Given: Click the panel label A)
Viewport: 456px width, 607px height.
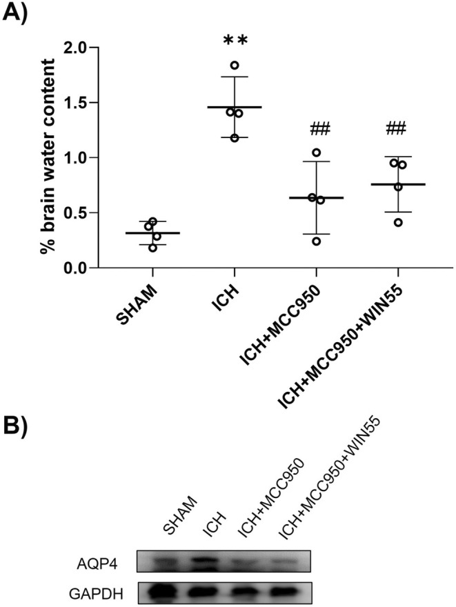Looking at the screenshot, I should click(x=18, y=13).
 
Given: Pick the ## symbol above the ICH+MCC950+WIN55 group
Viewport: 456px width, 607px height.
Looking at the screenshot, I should click(x=397, y=128).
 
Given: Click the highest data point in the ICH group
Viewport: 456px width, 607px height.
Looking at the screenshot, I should click(x=235, y=66).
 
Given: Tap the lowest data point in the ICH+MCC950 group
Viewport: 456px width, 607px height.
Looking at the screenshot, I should click(x=317, y=241).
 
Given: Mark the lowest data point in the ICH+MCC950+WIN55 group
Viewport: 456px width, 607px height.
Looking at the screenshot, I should click(x=398, y=222).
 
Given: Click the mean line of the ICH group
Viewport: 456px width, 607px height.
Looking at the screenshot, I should click(x=235, y=108).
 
